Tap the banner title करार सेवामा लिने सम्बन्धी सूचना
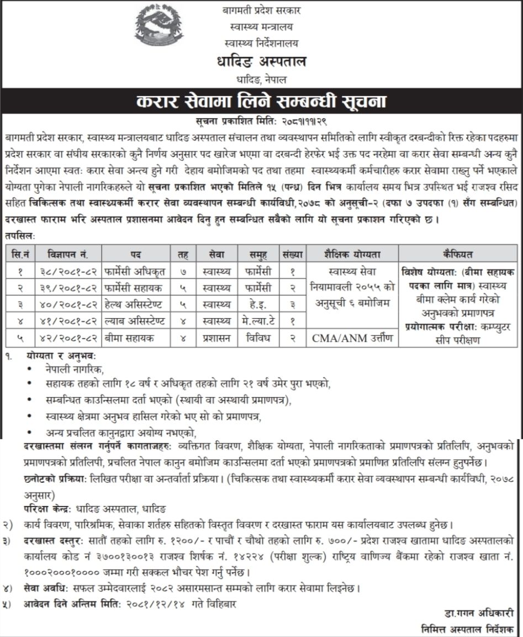tap(261, 103)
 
